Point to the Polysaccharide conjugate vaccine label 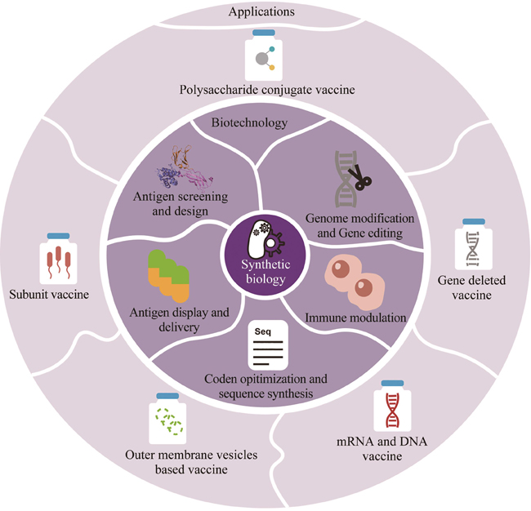point(262,90)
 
